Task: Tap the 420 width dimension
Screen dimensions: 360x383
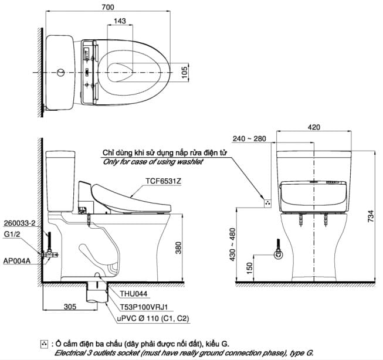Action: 314,126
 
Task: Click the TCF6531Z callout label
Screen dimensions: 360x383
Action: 161,182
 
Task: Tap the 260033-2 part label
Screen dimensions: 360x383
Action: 19,223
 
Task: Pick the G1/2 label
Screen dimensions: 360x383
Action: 11,234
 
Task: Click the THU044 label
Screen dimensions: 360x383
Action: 134,295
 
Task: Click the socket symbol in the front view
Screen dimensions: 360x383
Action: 267,203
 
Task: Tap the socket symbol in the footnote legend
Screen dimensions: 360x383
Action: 45,343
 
